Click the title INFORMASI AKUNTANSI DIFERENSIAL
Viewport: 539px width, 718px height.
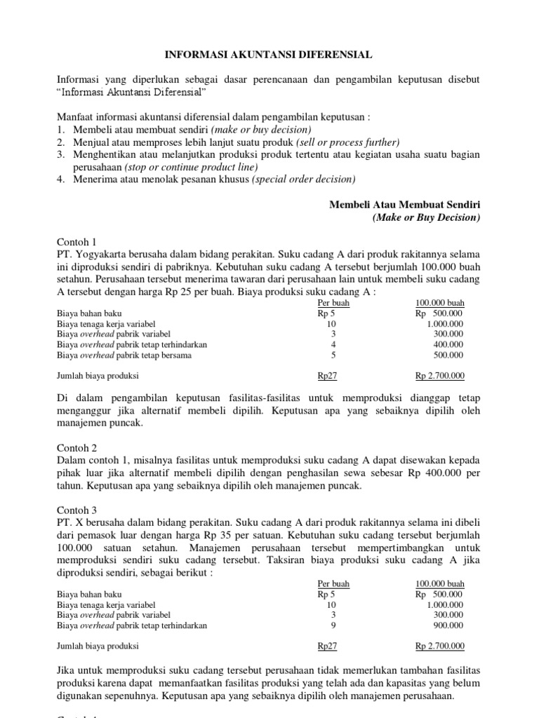[269, 53]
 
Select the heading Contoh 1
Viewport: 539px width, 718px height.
[76, 240]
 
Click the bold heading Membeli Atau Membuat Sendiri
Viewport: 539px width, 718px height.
[405, 204]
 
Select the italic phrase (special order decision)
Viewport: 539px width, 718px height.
[304, 179]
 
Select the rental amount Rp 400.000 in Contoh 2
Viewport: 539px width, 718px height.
[440, 473]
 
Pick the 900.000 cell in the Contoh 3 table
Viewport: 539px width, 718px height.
[447, 625]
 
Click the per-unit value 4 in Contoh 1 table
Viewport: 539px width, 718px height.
[333, 344]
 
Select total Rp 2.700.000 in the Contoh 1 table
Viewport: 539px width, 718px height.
[439, 375]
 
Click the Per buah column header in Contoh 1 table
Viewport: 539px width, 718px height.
[333, 303]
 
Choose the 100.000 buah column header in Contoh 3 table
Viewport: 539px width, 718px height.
[439, 583]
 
